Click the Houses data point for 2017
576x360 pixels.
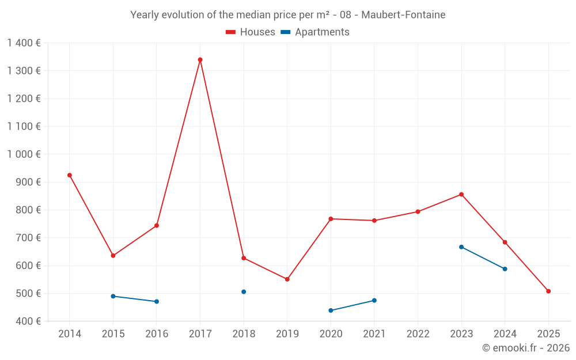click(200, 60)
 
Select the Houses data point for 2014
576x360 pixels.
click(70, 175)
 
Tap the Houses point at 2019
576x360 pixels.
click(287, 279)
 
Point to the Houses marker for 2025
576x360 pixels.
click(548, 291)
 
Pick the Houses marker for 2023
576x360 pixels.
click(461, 195)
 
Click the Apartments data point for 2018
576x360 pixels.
click(244, 292)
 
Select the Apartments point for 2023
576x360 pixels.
click(461, 247)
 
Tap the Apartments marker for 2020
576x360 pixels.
click(331, 310)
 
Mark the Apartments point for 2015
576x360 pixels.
click(113, 297)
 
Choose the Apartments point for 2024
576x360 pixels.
click(505, 269)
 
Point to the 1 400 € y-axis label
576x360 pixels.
click(24, 43)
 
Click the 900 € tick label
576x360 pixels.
click(28, 182)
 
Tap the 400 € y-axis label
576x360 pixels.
click(28, 321)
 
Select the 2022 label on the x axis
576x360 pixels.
click(418, 334)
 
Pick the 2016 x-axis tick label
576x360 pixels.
click(157, 334)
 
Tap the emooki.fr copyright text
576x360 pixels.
click(526, 348)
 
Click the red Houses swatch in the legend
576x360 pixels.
click(230, 32)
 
